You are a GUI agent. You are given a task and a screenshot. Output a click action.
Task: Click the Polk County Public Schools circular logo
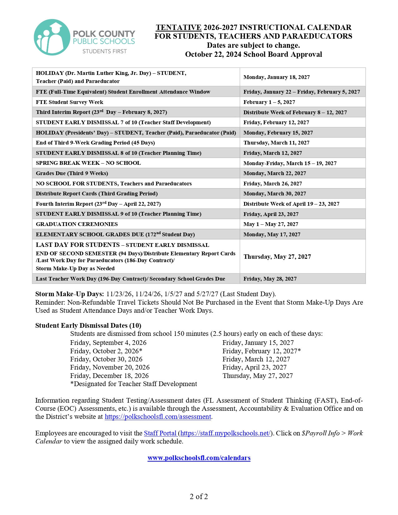52,37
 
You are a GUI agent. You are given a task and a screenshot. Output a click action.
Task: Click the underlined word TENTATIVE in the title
179,27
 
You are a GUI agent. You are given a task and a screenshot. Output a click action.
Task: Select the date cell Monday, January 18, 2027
277,77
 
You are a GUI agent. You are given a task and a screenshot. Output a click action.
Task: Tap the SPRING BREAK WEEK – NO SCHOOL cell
88,163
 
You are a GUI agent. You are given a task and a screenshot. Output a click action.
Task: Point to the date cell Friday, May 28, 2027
270,279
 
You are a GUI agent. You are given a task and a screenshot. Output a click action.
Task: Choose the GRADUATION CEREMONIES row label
77,224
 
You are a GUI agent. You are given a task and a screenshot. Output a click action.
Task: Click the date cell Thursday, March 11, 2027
276,143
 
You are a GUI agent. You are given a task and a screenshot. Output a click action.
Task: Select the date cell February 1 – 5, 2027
269,102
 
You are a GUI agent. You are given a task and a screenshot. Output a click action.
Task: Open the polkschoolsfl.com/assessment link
158,417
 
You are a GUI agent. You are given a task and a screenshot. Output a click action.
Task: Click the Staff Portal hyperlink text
160,433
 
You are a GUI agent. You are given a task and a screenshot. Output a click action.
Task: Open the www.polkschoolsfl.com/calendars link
199,458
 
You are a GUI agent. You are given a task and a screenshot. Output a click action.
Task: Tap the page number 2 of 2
199,497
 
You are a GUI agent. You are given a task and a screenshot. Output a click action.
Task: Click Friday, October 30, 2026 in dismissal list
106,359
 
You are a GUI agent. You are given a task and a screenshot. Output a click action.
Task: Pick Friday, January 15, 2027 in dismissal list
258,343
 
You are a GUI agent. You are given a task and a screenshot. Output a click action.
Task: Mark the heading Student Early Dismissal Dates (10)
88,326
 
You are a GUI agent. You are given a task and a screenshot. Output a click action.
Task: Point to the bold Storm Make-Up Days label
69,294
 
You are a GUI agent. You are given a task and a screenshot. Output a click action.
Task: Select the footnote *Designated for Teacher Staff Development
134,384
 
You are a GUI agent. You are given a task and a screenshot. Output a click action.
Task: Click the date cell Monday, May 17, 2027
272,234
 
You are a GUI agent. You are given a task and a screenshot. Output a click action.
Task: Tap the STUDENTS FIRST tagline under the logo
105,51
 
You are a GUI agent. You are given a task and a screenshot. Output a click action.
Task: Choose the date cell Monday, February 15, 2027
278,133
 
